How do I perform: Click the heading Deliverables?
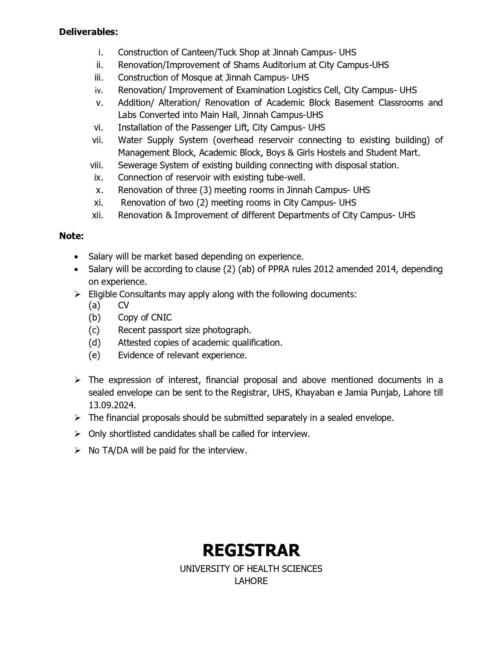pyautogui.click(x=88, y=32)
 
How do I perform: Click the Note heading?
pyautogui.click(x=71, y=236)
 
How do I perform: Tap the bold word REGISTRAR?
pyautogui.click(x=251, y=550)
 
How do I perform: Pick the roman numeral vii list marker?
pyautogui.click(x=98, y=140)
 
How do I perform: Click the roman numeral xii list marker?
pyautogui.click(x=97, y=215)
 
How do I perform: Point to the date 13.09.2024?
pyautogui.click(x=112, y=405)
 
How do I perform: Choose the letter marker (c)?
pyautogui.click(x=94, y=330)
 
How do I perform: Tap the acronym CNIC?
pyautogui.click(x=161, y=317)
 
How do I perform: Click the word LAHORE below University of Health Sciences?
pyautogui.click(x=251, y=581)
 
